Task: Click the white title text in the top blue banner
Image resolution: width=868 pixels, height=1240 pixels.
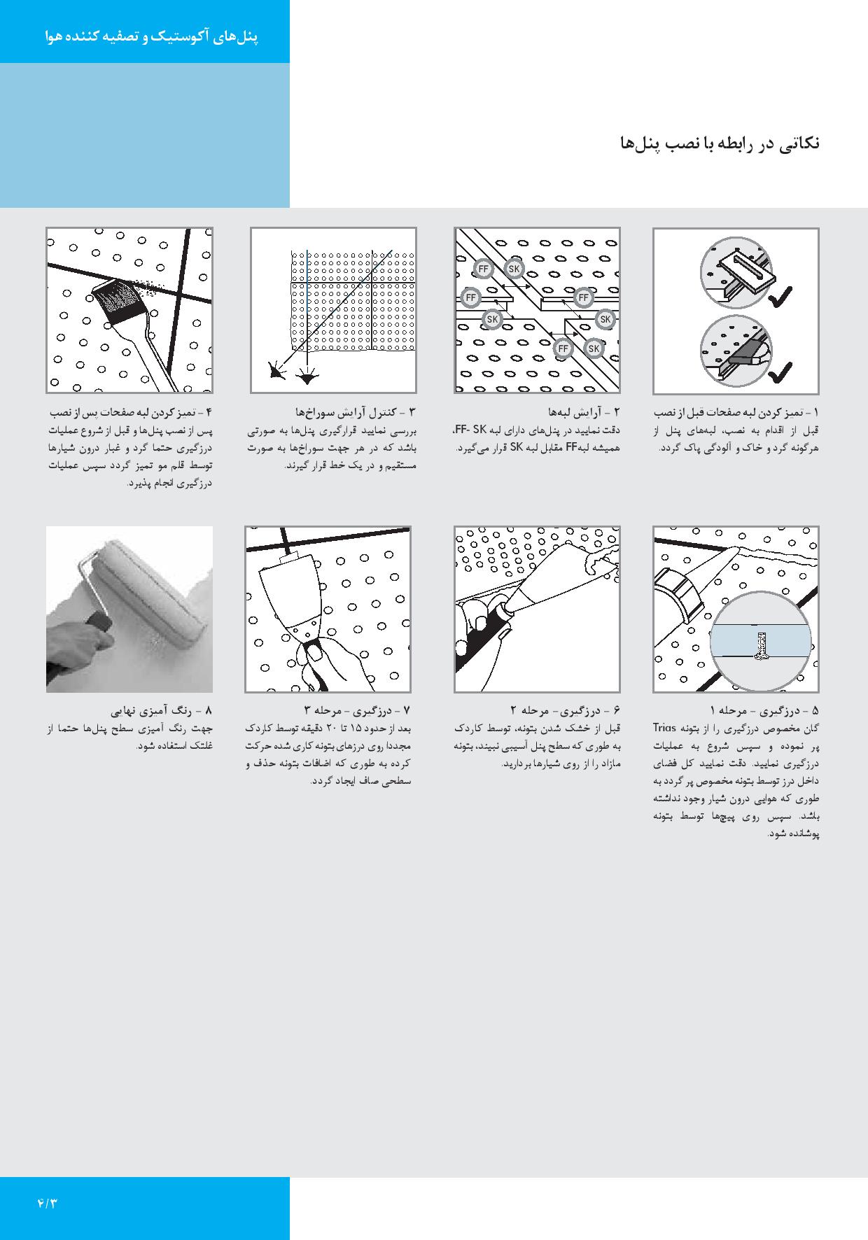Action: pos(151,37)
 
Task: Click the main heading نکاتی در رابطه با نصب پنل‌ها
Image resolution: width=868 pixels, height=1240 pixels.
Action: pos(719,144)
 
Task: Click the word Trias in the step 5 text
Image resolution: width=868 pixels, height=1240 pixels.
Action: pos(666,726)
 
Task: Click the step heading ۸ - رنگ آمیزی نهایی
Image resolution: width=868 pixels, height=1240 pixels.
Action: pos(168,711)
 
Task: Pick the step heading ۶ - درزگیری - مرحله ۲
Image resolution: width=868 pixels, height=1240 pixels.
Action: pos(565,711)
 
